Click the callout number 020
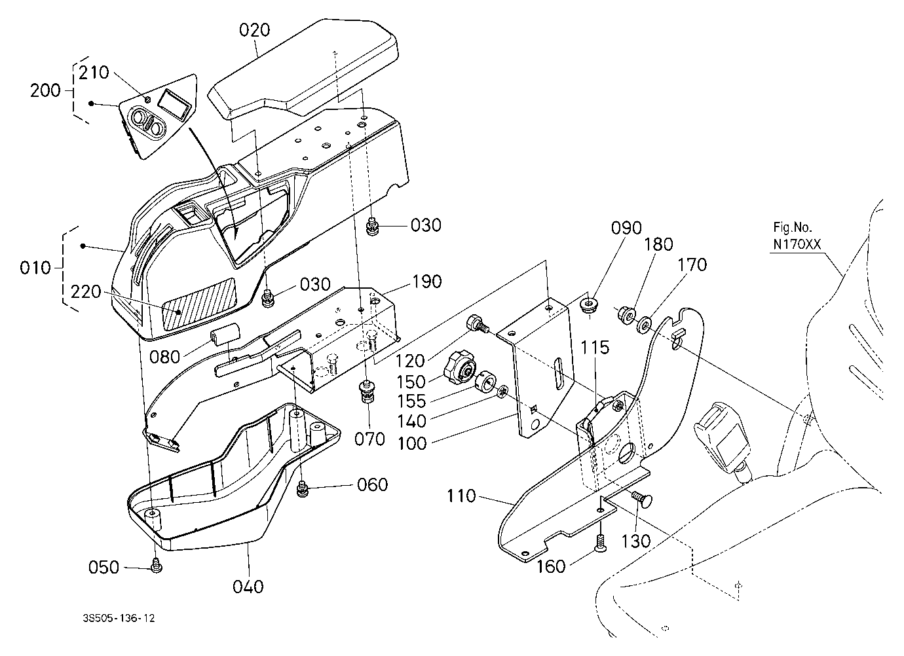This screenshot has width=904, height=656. coord(254,30)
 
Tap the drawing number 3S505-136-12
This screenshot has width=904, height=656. coord(119,618)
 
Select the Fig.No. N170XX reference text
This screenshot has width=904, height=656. coord(797,236)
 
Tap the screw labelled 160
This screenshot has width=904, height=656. coord(601,543)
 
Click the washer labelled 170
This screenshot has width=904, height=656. coord(644,325)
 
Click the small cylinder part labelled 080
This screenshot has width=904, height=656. coord(225,334)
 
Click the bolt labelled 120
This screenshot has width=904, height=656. coord(478,324)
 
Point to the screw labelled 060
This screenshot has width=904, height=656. coord(301,488)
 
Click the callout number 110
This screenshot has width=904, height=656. coord(461,496)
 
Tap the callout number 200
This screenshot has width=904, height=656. coord(45,90)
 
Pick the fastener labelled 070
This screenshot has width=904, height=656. coord(366,393)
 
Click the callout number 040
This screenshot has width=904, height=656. coord(248,587)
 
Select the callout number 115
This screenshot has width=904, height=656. coord(595,347)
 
